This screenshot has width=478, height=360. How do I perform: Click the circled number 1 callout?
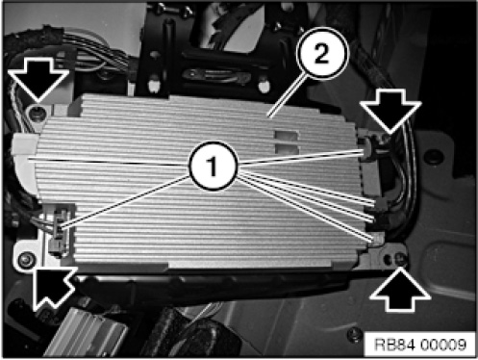(x=213, y=166)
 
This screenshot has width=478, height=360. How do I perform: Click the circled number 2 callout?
(x=321, y=53)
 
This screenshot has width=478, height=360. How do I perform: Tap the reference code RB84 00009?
(x=420, y=345)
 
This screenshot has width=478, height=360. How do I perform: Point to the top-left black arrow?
(x=38, y=80)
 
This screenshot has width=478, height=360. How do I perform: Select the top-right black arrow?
(x=390, y=111)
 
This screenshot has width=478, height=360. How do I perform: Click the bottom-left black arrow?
(x=53, y=287)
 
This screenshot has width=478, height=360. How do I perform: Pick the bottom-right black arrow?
(x=400, y=290)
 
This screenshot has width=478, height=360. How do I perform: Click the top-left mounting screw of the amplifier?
(x=38, y=113)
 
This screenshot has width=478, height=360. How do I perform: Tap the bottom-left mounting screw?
(x=25, y=259)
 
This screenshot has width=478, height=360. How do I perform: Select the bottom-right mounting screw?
(x=400, y=258)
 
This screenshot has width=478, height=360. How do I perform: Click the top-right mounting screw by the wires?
(x=385, y=138)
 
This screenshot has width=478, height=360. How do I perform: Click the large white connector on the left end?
(x=26, y=161)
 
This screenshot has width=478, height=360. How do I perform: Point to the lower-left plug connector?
(x=59, y=228)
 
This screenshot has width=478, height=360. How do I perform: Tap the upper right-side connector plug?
(x=370, y=148)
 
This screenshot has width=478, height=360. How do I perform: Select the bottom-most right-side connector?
(x=377, y=239)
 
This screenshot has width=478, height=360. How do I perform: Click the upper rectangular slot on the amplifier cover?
(x=286, y=135)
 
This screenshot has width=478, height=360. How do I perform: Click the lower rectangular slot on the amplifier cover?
(x=287, y=148)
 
